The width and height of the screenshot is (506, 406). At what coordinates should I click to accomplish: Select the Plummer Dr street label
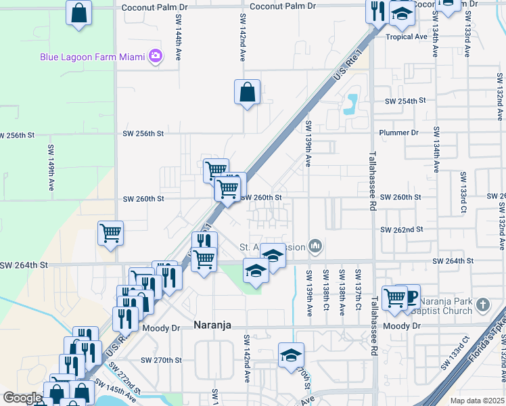pyautogui.click(x=399, y=133)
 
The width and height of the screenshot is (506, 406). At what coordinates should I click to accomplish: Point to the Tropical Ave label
pyautogui.click(x=407, y=37)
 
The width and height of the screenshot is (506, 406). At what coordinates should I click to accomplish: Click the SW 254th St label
pyautogui.click(x=405, y=100)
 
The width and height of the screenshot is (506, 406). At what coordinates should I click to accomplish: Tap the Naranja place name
pyautogui.click(x=212, y=325)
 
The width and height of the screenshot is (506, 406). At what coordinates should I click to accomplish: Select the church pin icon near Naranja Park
pyautogui.click(x=482, y=305)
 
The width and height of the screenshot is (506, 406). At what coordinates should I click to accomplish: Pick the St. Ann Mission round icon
pyautogui.click(x=314, y=246)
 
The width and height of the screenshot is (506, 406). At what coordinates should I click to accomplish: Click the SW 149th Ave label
pyautogui.click(x=51, y=171)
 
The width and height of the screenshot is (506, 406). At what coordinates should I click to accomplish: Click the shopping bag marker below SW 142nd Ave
pyautogui.click(x=248, y=92)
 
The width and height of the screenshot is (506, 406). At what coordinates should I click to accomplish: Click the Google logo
pyautogui.click(x=22, y=398)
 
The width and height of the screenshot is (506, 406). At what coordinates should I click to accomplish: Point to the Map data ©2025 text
pyautogui.click(x=477, y=401)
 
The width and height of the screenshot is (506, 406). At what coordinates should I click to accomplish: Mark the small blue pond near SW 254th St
pyautogui.click(x=350, y=103)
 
